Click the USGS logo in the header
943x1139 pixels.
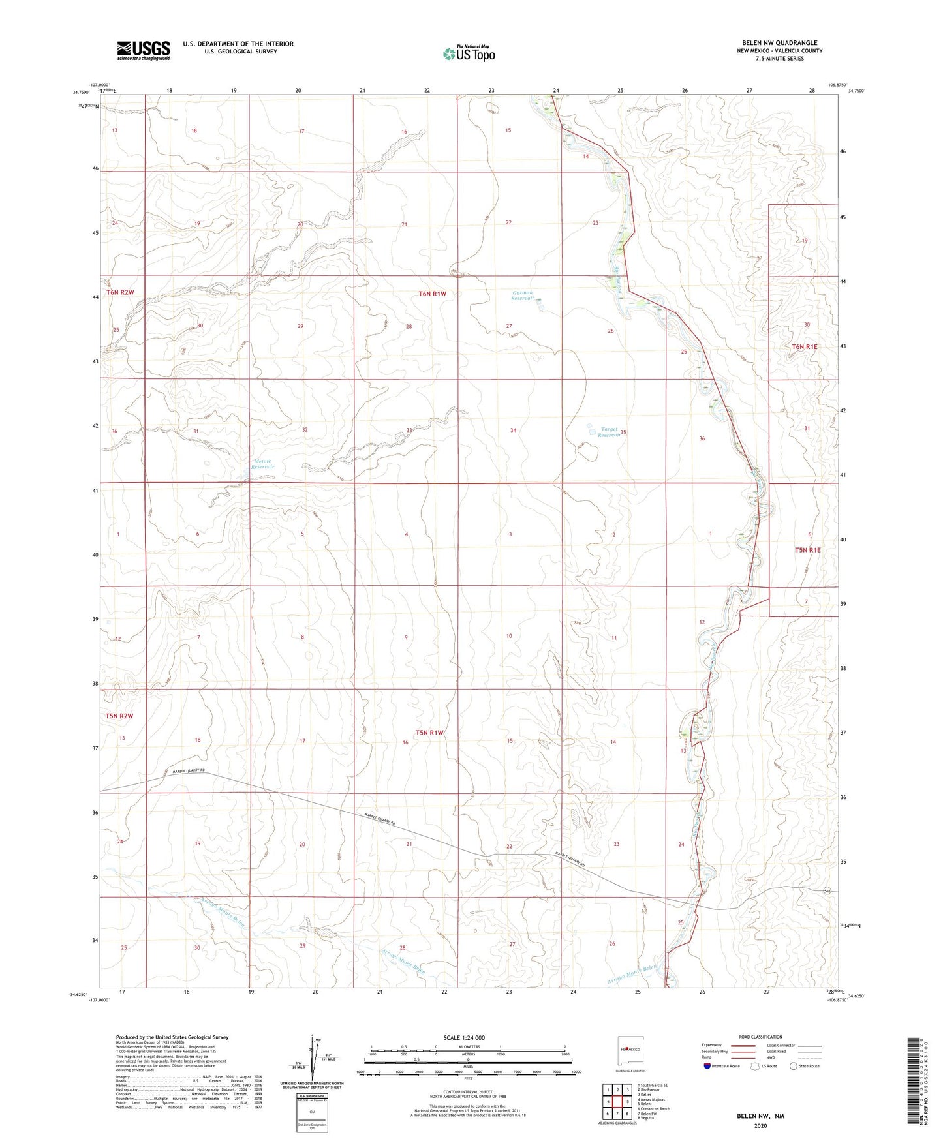tap(144, 50)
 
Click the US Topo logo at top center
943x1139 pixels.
tap(469, 53)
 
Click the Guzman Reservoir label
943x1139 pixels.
tap(523, 296)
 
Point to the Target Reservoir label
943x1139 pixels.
tap(609, 432)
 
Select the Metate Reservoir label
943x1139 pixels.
tap(263, 464)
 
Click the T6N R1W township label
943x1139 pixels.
tap(432, 294)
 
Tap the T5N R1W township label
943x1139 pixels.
tap(429, 733)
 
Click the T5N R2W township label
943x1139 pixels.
tap(119, 716)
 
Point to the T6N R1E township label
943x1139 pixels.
tap(805, 346)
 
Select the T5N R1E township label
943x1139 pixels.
tap(807, 550)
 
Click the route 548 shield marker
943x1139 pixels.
tap(827, 890)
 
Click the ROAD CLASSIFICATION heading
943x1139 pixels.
tap(760, 1037)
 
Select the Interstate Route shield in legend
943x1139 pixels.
tap(707, 1066)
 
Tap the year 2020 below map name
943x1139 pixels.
tap(760, 1125)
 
